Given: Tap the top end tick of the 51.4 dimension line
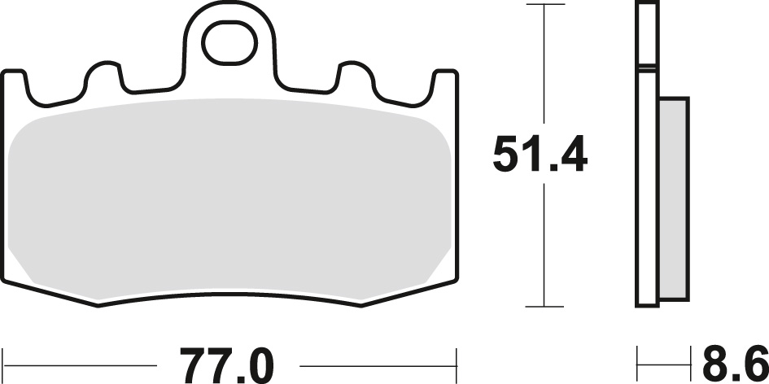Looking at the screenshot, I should tap(544, 5).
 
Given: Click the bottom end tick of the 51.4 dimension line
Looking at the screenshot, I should tap(544, 307).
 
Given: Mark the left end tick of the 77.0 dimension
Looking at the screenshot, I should tap(6, 356).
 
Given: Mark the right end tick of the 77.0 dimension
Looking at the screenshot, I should tap(457, 356).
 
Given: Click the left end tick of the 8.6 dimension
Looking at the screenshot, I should tap(638, 356).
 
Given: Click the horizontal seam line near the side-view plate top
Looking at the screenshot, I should tap(647, 68).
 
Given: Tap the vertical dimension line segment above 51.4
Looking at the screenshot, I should tap(544, 65).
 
